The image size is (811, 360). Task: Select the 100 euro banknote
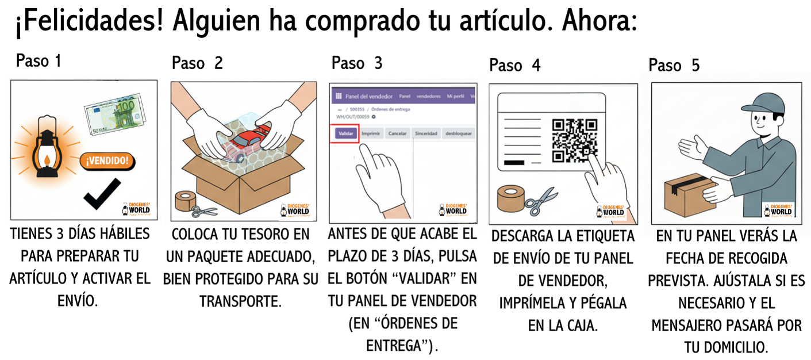coord(116,115)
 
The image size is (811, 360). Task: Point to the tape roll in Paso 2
coord(185,201)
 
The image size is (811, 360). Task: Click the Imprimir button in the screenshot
coord(371,133)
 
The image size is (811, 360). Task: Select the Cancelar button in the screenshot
coord(398,133)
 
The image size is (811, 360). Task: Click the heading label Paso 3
coord(356,63)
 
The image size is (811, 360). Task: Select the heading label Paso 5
coord(674,65)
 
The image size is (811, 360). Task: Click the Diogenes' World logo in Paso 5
coord(778,210)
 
